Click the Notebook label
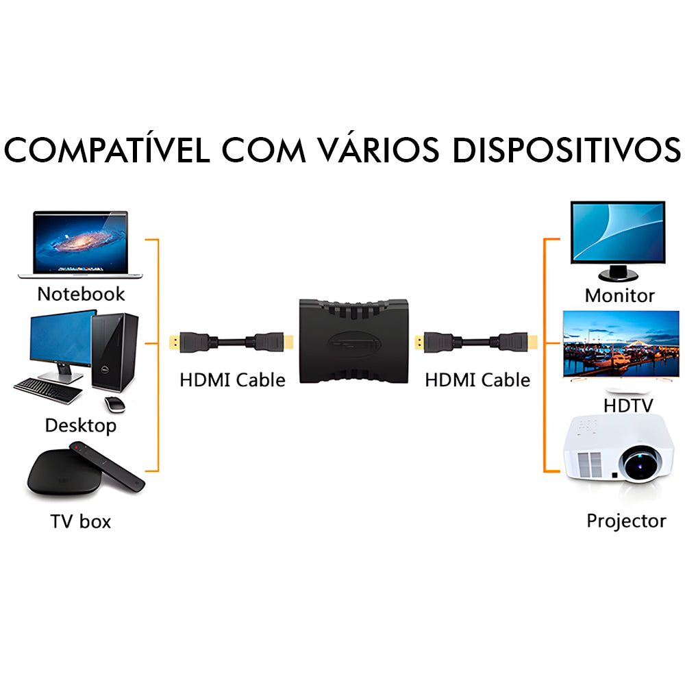(81, 294)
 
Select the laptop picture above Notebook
(81, 243)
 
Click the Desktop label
(81, 425)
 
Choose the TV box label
(80, 521)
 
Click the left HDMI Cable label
(232, 379)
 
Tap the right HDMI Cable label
(477, 379)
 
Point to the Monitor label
(619, 296)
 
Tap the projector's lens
(645, 463)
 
